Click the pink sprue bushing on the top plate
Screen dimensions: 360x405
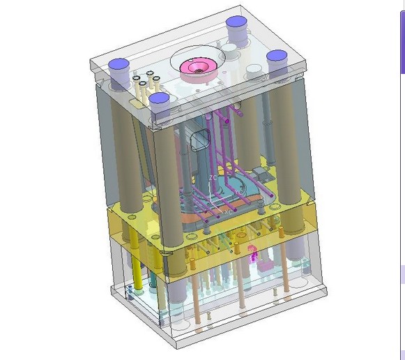196,67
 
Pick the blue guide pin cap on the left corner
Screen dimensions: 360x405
120,67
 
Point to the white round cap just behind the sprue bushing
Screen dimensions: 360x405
229,52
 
